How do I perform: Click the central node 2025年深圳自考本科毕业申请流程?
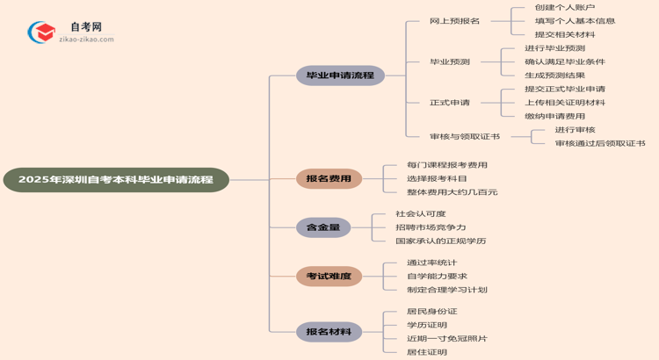click(115, 180)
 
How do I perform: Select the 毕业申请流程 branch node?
click(340, 76)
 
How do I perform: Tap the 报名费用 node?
click(329, 179)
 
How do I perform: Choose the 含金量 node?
click(323, 227)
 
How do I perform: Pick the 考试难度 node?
click(329, 277)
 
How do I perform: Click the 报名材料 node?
click(329, 332)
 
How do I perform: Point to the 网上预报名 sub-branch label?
click(454, 21)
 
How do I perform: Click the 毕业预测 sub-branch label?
click(449, 62)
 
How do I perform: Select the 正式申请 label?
click(449, 103)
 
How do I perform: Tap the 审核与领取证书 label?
click(465, 137)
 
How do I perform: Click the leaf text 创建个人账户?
click(564, 8)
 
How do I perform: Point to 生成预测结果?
click(554, 76)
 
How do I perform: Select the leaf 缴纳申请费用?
click(554, 116)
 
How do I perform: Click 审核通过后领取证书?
click(599, 143)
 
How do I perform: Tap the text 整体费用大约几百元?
click(452, 192)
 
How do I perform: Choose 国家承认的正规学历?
click(440, 241)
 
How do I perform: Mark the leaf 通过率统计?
click(431, 263)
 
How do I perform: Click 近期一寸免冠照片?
click(446, 338)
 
